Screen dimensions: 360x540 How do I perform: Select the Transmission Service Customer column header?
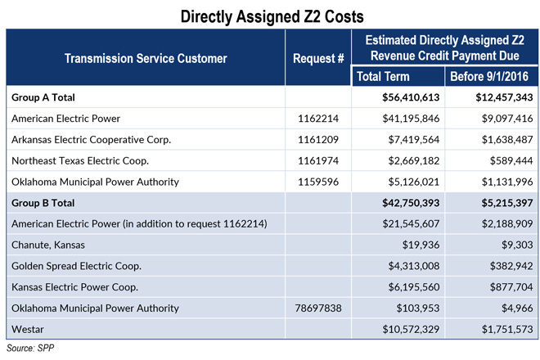[145, 58]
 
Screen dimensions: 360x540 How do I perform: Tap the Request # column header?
[317, 58]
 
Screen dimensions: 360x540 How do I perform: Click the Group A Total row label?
[49, 97]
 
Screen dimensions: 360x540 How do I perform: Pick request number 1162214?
[317, 118]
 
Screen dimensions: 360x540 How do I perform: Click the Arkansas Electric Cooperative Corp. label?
[92, 138]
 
